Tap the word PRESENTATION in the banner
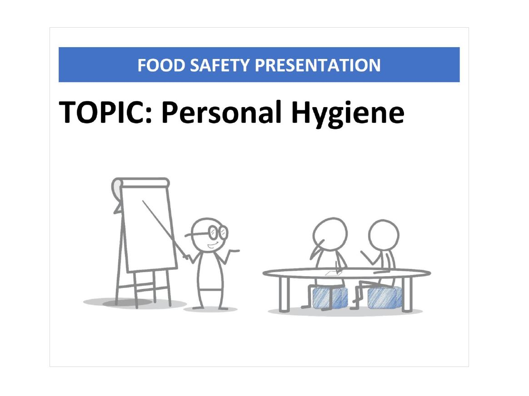[318, 65]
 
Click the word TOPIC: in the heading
[107, 112]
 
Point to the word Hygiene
[348, 114]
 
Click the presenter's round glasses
[218, 232]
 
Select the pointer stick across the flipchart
[165, 230]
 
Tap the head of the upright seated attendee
[384, 235]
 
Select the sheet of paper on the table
[334, 273]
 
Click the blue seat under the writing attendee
[330, 297]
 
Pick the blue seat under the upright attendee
[384, 297]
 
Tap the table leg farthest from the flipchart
[407, 293]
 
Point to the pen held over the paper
[336, 267]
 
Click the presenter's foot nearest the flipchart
[198, 308]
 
